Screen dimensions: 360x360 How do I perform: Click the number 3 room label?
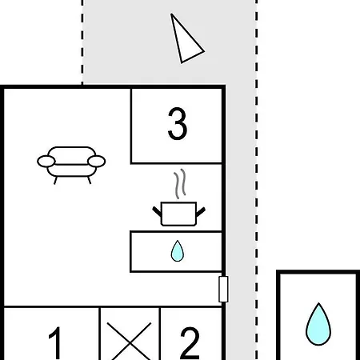(x=178, y=123)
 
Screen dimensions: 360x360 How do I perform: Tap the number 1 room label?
(x=56, y=343)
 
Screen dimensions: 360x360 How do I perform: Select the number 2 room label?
(x=190, y=343)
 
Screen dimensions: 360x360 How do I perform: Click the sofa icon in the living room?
(x=71, y=166)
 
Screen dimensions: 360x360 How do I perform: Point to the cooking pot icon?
(x=178, y=214)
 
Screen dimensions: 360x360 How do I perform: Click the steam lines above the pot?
(x=180, y=183)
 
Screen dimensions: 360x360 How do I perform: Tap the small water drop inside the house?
(x=178, y=251)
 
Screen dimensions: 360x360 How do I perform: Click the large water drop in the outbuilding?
(x=318, y=324)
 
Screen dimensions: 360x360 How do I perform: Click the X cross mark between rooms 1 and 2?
(x=130, y=342)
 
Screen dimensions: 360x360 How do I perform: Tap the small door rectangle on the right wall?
(x=223, y=290)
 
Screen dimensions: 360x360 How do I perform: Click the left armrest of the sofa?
(x=46, y=162)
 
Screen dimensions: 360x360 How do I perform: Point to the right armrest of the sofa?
(x=97, y=162)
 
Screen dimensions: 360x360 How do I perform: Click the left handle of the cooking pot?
(x=157, y=211)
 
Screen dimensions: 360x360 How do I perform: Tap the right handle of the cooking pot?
(x=201, y=212)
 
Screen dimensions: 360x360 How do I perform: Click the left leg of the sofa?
(x=55, y=180)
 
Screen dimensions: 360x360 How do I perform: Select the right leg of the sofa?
(x=90, y=180)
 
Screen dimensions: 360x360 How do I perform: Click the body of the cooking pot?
(x=178, y=214)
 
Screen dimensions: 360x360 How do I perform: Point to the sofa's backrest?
(x=72, y=155)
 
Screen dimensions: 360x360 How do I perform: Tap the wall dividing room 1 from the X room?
(x=99, y=334)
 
